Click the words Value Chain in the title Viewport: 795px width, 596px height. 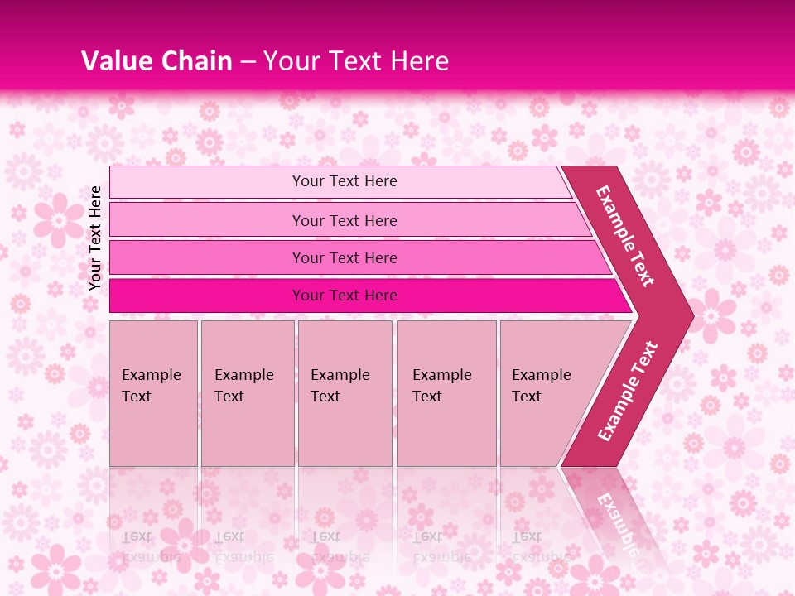click(157, 61)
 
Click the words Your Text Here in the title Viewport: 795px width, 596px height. click(356, 61)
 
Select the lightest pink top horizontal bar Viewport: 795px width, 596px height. click(344, 181)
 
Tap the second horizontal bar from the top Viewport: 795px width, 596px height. click(344, 220)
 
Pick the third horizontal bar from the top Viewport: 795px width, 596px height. click(344, 257)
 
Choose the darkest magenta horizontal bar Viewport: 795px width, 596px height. click(344, 296)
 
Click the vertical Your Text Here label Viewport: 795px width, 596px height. click(95, 238)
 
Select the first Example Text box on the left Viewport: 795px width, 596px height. click(153, 392)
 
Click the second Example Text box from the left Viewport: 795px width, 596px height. click(247, 392)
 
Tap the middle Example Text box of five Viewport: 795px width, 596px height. click(344, 392)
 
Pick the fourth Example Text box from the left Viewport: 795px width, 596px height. click(446, 392)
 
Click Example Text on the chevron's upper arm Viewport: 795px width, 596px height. click(626, 236)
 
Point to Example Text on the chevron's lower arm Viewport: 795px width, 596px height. click(628, 391)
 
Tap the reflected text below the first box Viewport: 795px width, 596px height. click(152, 546)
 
